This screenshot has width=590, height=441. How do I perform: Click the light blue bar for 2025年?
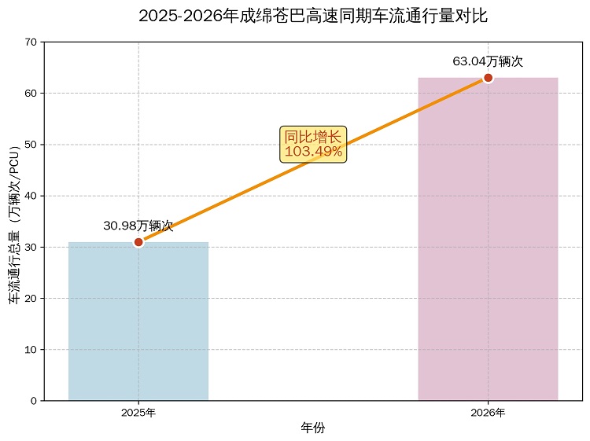click(x=138, y=322)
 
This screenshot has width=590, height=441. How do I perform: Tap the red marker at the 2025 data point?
click(x=138, y=242)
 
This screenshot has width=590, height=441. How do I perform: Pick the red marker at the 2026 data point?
click(x=488, y=78)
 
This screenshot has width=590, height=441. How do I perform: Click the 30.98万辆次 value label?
click(x=138, y=226)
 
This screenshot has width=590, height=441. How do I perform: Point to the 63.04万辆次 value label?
click(x=488, y=61)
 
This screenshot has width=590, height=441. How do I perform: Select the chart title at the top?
click(x=313, y=17)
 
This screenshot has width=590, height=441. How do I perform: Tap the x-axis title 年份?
click(x=313, y=428)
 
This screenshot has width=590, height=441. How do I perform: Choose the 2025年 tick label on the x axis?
click(x=138, y=413)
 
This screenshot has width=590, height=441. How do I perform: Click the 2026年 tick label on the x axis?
click(x=488, y=413)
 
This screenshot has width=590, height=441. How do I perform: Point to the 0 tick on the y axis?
click(x=34, y=401)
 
